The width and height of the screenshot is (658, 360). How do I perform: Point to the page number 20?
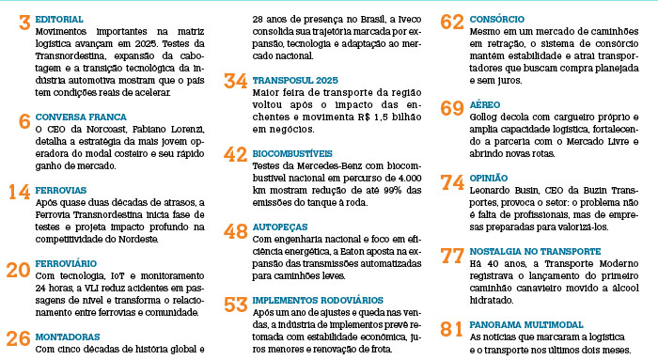tap(18, 271)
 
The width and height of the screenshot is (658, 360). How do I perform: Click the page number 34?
tap(236, 81)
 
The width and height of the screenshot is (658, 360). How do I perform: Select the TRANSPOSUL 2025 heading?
tap(294, 82)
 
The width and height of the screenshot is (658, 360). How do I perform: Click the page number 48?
tap(236, 229)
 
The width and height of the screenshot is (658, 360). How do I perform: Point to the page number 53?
tap(236, 305)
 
